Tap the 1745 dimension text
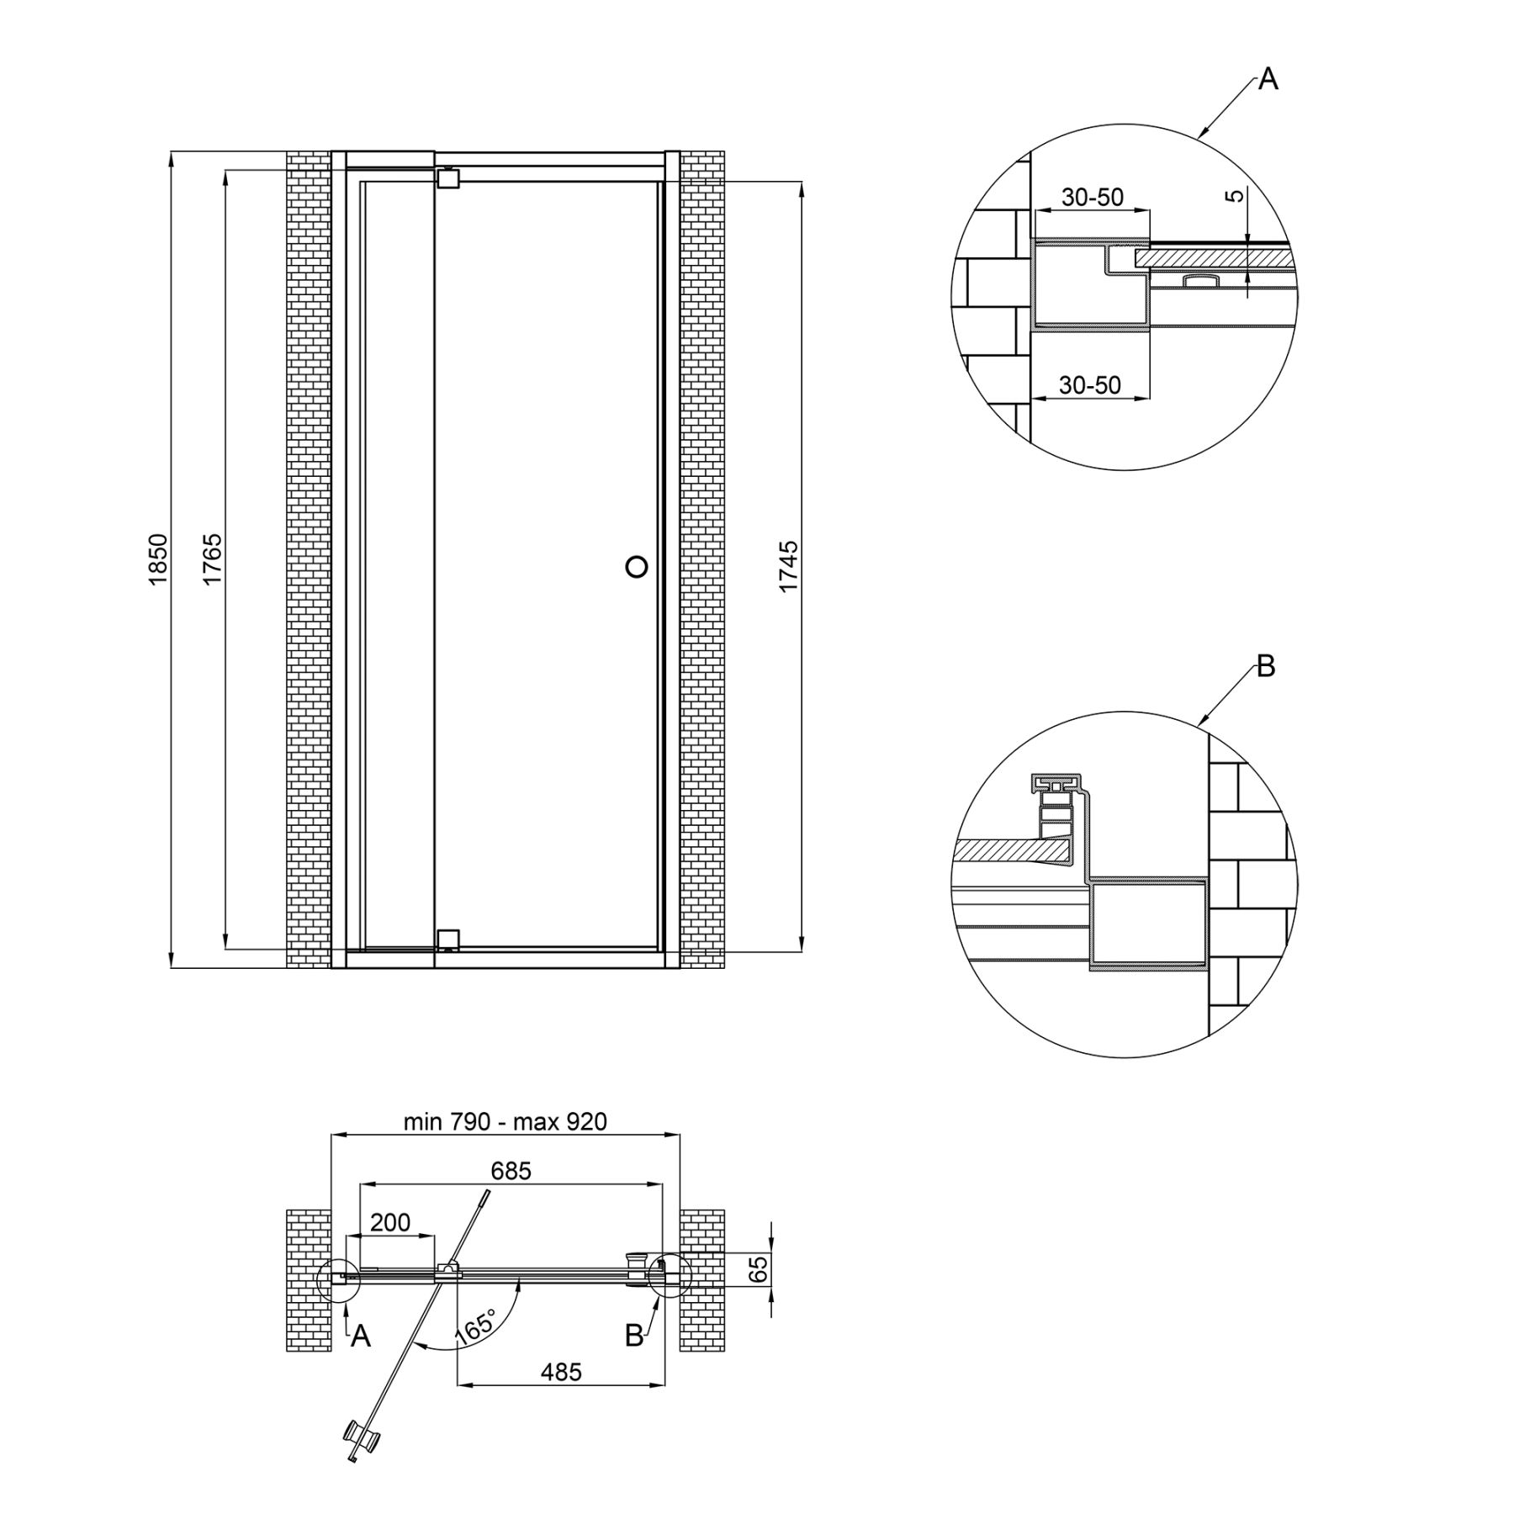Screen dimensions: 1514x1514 pos(788,567)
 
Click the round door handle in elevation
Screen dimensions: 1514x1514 pos(637,567)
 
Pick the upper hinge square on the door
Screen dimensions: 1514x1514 pos(448,178)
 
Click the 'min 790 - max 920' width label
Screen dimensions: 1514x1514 pos(505,1121)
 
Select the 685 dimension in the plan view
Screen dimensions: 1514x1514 pos(511,1170)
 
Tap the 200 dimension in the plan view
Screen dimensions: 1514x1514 pos(390,1222)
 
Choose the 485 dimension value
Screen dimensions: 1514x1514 pos(561,1372)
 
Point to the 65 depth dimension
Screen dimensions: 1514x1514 pos(758,1270)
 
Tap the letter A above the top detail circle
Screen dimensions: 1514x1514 pos(1268,80)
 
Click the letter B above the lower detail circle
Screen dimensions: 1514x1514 pos(1266,667)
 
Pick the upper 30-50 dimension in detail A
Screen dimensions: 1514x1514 pos(1093,197)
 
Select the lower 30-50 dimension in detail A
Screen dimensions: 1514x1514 pos(1090,385)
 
